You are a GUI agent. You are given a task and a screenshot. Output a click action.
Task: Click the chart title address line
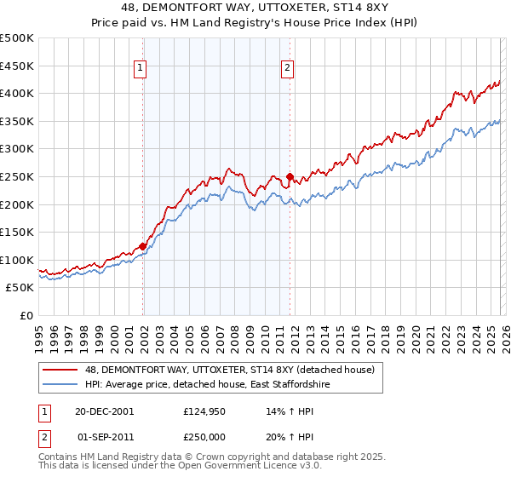pos(255,8)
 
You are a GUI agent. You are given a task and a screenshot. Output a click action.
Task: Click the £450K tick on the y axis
pos(17,66)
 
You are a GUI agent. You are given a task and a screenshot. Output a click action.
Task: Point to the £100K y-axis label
pos(17,260)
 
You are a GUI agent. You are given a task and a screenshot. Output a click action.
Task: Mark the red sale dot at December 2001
pos(143,246)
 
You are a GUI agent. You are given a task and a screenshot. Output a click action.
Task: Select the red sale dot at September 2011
pos(290,177)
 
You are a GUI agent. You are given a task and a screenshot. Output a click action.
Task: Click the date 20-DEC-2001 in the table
pos(103,411)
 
